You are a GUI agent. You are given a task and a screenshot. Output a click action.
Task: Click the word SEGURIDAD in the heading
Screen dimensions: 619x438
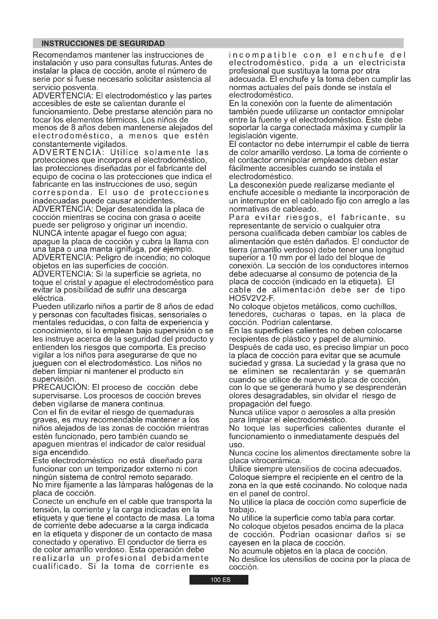pyautogui.click(x=142, y=43)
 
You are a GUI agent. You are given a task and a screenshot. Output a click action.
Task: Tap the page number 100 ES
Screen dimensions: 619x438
pyautogui.click(x=219, y=580)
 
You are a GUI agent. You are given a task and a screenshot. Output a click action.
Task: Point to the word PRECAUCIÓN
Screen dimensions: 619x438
pyautogui.click(x=61, y=387)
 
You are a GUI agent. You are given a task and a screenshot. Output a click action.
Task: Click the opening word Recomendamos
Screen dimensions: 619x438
pyautogui.click(x=62, y=55)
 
